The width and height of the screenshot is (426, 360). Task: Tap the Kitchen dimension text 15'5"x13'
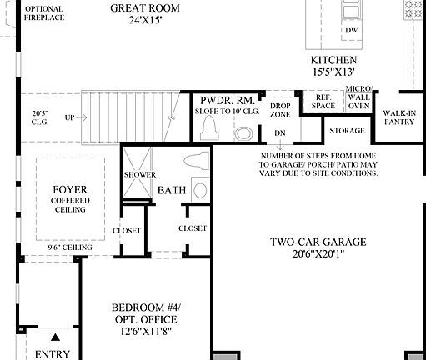pyautogui.click(x=334, y=73)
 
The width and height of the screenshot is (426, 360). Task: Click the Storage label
pyautogui.click(x=347, y=131)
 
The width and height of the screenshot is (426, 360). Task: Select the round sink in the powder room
pyautogui.click(x=243, y=132)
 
